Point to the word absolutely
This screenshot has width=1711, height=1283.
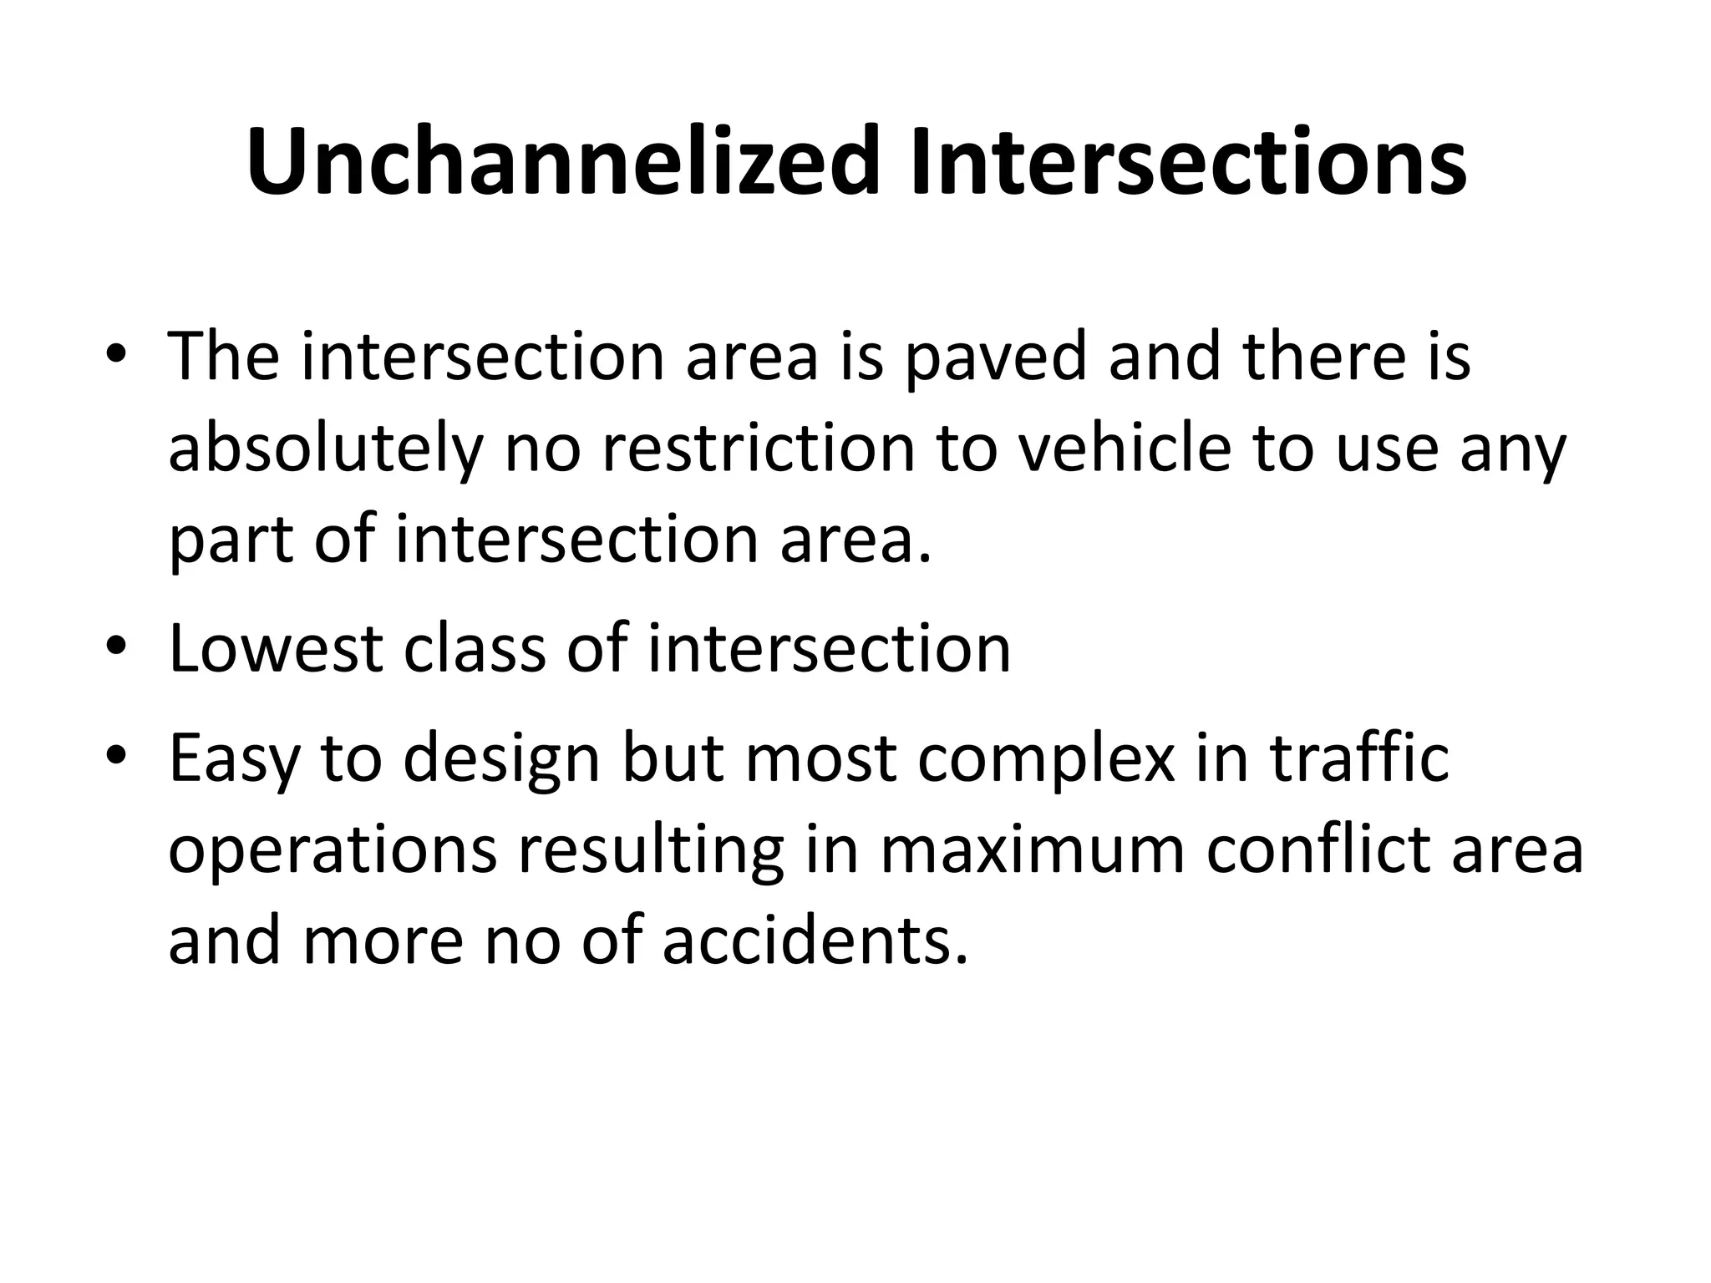click(x=326, y=449)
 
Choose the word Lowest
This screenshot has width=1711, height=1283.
click(x=276, y=649)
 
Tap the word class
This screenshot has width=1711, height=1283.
click(x=475, y=649)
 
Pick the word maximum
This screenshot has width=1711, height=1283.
click(x=1033, y=850)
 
